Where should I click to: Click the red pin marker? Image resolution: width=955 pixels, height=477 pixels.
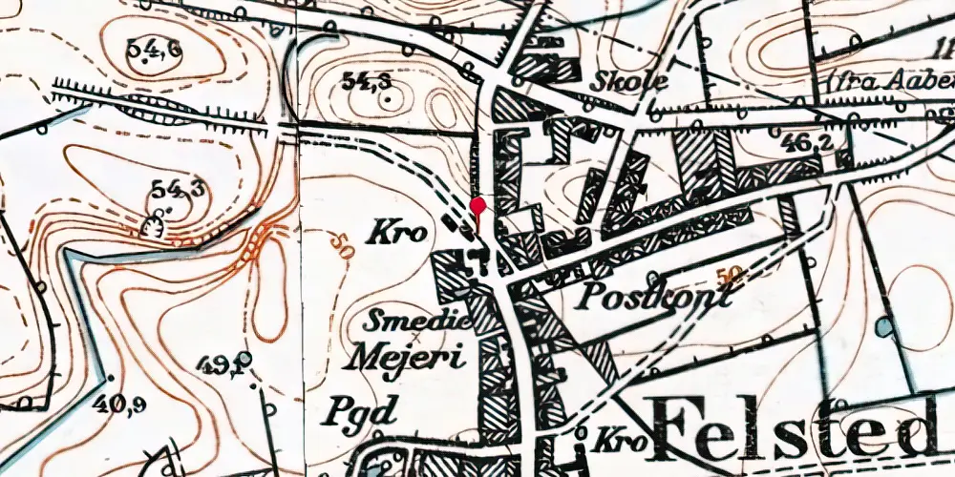[478, 206]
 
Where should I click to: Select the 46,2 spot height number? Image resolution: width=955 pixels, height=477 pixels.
[802, 143]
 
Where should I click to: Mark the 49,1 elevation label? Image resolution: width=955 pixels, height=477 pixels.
[225, 363]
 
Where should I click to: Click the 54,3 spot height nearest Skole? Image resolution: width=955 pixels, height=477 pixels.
[368, 83]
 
